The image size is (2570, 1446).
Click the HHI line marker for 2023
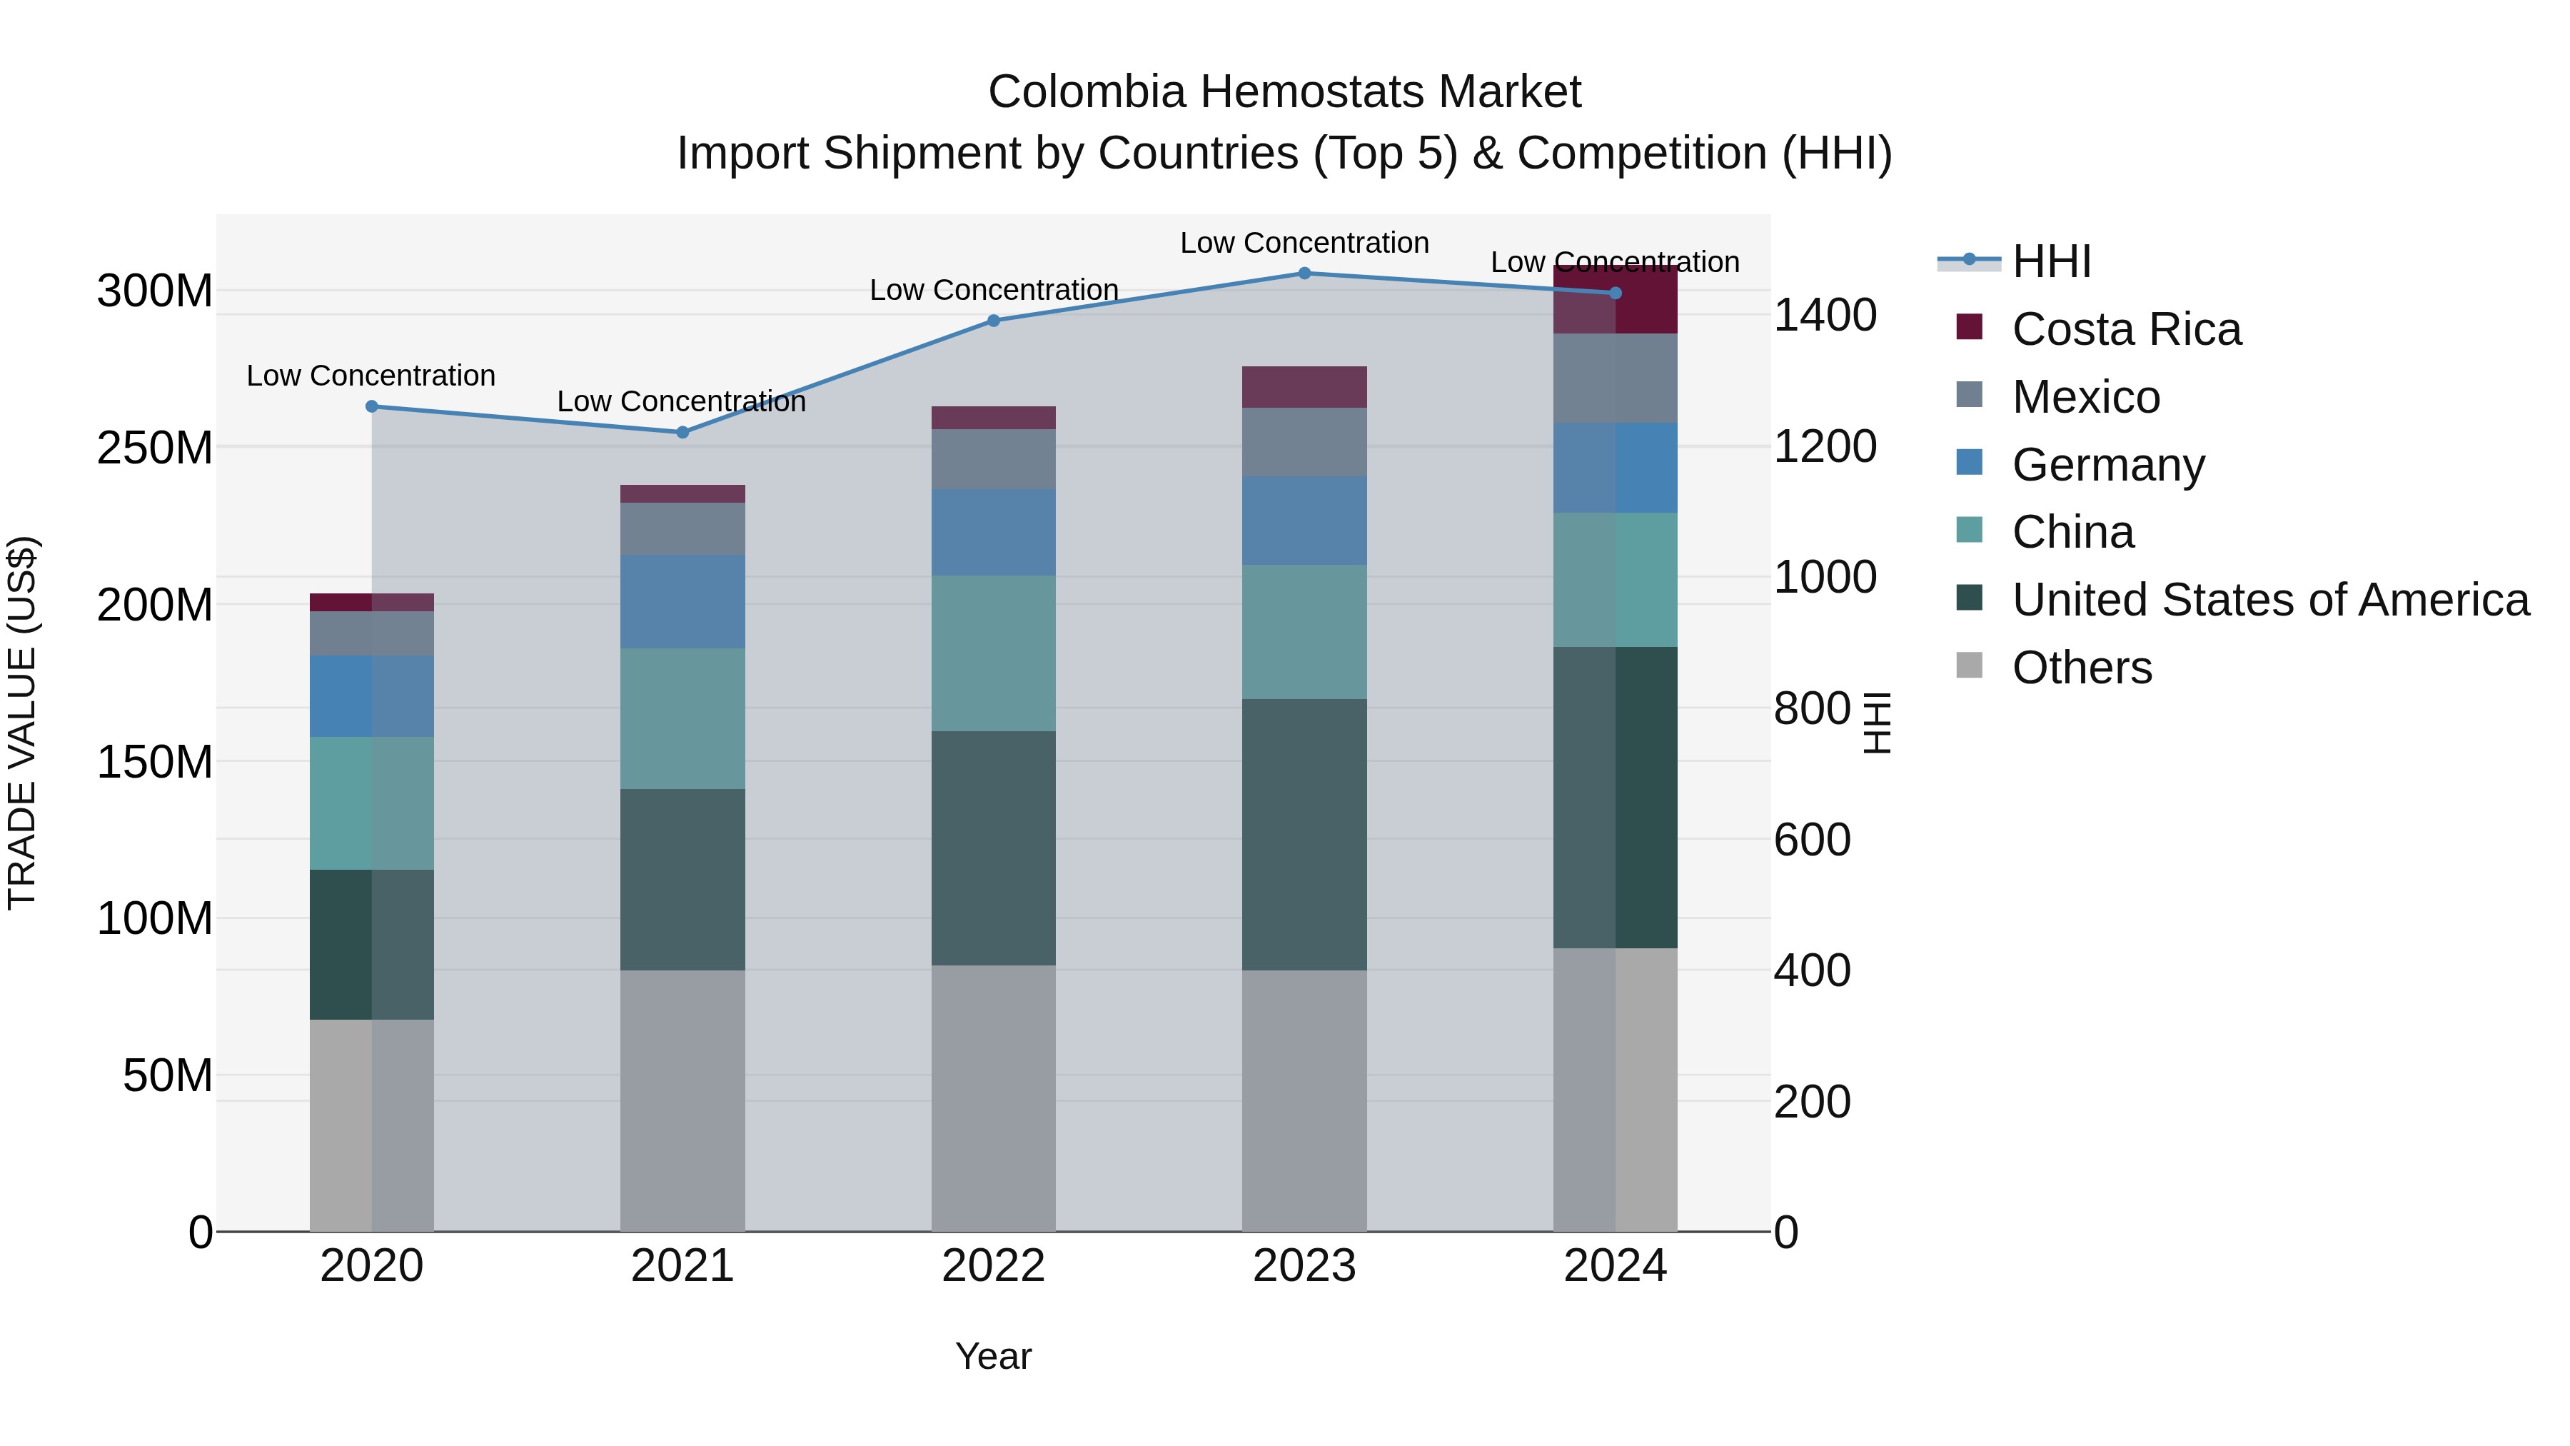pyautogui.click(x=1304, y=273)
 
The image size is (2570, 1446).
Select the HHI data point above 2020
pyautogui.click(x=371, y=406)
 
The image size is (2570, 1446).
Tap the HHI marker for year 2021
pyautogui.click(x=682, y=432)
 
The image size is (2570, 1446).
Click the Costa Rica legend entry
pyautogui.click(x=2125, y=329)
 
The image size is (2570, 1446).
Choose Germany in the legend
pyautogui.click(x=2107, y=465)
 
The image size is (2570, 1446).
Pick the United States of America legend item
pyautogui.click(x=2269, y=600)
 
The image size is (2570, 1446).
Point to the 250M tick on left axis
pyautogui.click(x=155, y=448)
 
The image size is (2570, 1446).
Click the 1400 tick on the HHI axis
pyautogui.click(x=1825, y=316)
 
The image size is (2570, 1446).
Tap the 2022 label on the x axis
pyautogui.click(x=993, y=1266)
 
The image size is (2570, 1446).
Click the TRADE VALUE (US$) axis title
pyautogui.click(x=23, y=723)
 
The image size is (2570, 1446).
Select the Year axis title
pyautogui.click(x=993, y=1356)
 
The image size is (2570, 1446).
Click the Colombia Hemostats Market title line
pyautogui.click(x=1284, y=92)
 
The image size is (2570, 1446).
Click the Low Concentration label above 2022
pyautogui.click(x=993, y=291)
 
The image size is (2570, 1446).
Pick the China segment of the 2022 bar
pyautogui.click(x=993, y=653)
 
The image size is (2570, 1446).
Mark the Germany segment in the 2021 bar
pyautogui.click(x=682, y=602)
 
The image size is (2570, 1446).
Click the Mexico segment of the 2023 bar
pyautogui.click(x=1304, y=441)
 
